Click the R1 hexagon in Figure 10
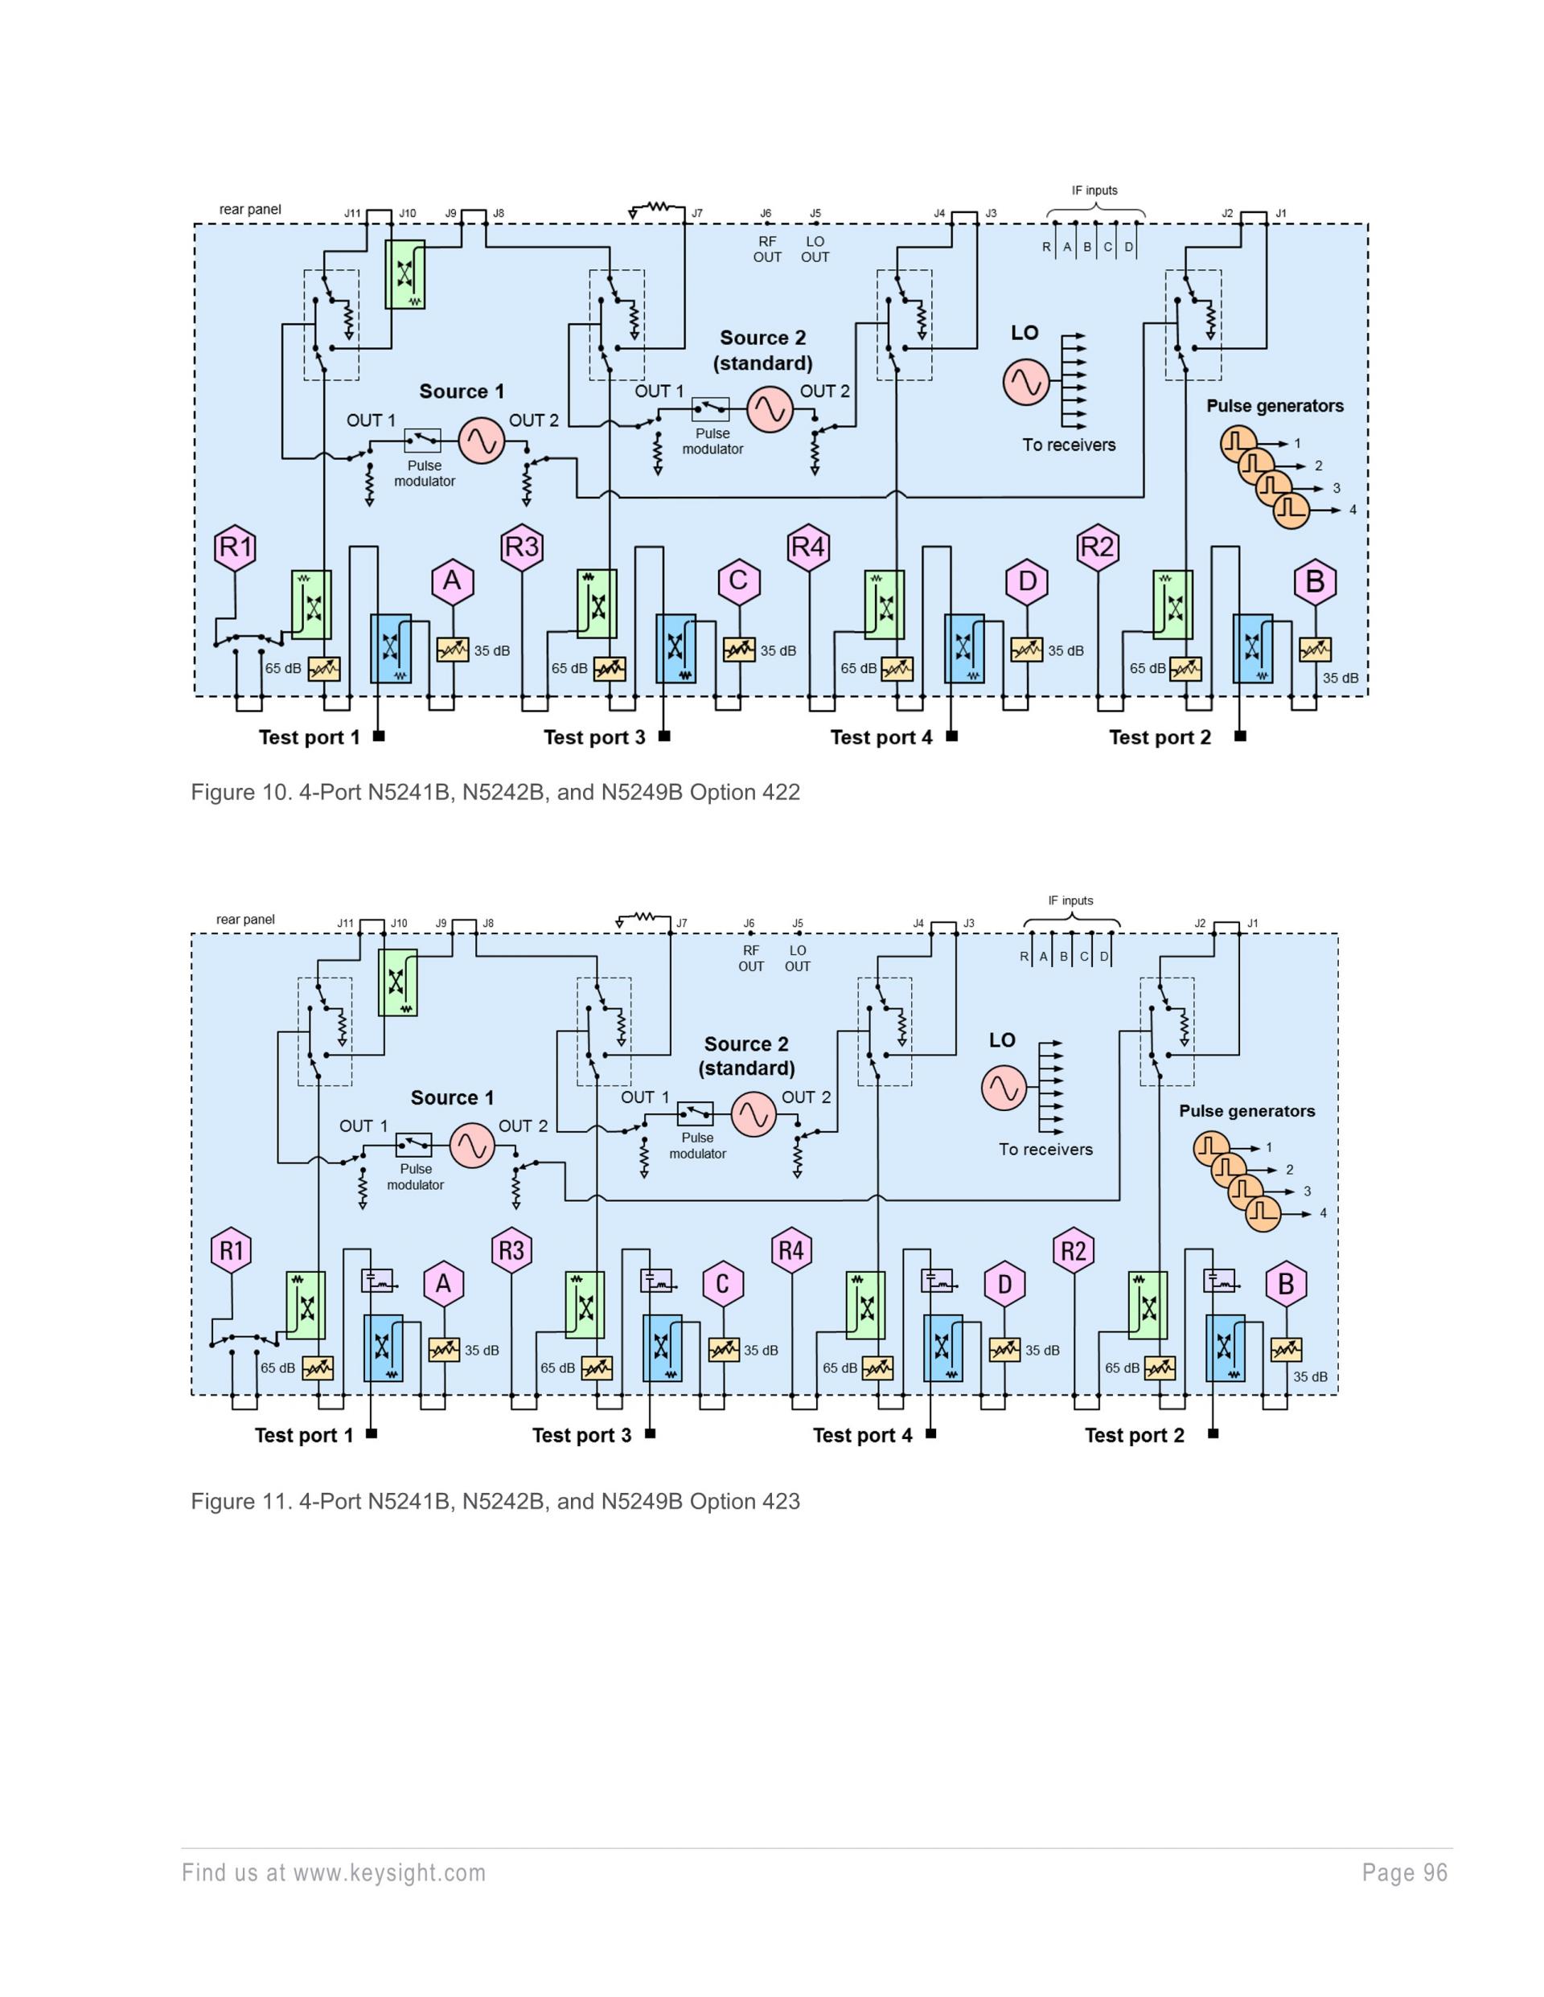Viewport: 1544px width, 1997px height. pyautogui.click(x=235, y=547)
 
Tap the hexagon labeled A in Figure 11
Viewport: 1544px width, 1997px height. pyautogui.click(x=444, y=1284)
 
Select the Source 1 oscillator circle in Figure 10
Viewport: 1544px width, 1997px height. pyautogui.click(x=481, y=441)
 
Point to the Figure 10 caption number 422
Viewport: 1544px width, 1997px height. pyautogui.click(x=780, y=792)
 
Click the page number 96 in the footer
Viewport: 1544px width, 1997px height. pyautogui.click(x=1436, y=1873)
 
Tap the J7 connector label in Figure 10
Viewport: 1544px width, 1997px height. pyautogui.click(x=697, y=214)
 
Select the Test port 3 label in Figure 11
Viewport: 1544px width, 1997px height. pyautogui.click(x=581, y=1436)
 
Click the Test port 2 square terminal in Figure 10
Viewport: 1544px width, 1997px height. pyautogui.click(x=1240, y=736)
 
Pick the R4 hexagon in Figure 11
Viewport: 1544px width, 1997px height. pyautogui.click(x=791, y=1250)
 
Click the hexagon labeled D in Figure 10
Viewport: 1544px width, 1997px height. pyautogui.click(x=1027, y=581)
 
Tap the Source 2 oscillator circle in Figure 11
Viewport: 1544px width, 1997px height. pyautogui.click(x=754, y=1114)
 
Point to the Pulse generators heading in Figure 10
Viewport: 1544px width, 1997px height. pyautogui.click(x=1274, y=406)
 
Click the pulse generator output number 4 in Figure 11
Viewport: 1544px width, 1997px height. pyautogui.click(x=1323, y=1213)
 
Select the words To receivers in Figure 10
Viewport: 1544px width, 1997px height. pyautogui.click(x=1069, y=445)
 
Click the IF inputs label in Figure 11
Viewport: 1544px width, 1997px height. pyautogui.click(x=1070, y=900)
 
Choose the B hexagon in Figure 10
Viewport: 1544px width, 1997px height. pyautogui.click(x=1316, y=581)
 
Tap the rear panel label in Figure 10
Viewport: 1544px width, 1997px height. pyautogui.click(x=250, y=209)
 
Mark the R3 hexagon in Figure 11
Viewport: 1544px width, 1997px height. pyautogui.click(x=511, y=1250)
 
